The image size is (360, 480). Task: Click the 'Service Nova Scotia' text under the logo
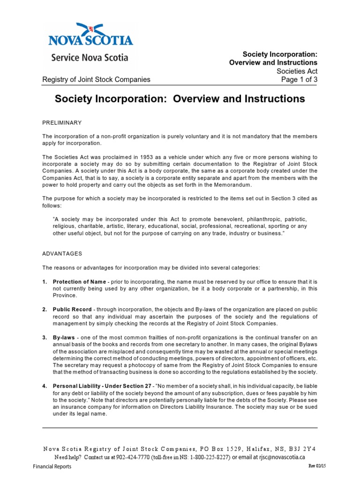[90, 58]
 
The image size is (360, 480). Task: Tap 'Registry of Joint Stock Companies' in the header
[96, 79]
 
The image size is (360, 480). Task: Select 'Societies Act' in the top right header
[297, 71]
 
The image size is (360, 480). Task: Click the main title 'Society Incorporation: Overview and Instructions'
[180, 99]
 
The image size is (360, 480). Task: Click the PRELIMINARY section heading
[62, 123]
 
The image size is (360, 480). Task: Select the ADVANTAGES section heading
[62, 254]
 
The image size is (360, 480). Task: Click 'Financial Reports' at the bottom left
[52, 467]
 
